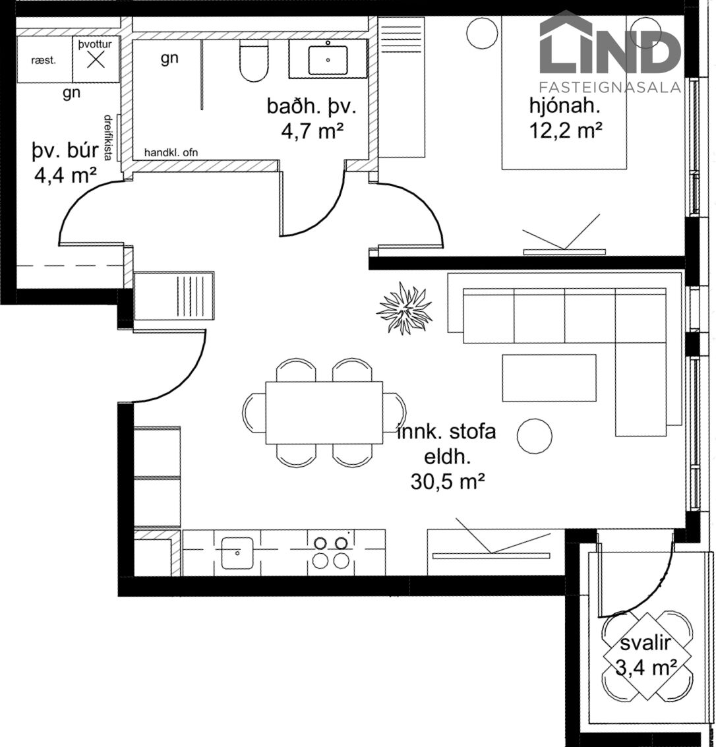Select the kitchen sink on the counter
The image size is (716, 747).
click(237, 553)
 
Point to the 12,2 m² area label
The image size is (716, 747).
click(566, 130)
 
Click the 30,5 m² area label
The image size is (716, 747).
click(447, 482)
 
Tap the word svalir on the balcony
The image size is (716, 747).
click(645, 643)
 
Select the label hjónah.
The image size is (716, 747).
click(564, 105)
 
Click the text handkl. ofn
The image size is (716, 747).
click(171, 152)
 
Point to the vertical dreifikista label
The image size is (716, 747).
click(108, 137)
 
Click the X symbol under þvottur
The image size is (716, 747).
click(96, 59)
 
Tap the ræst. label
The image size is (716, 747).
click(44, 61)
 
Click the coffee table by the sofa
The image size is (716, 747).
click(549, 377)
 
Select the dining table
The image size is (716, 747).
click(324, 413)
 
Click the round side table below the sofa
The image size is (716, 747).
click(535, 435)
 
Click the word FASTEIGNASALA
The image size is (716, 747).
click(610, 87)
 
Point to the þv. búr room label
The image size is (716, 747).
click(65, 150)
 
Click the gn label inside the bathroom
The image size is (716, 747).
click(169, 59)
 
